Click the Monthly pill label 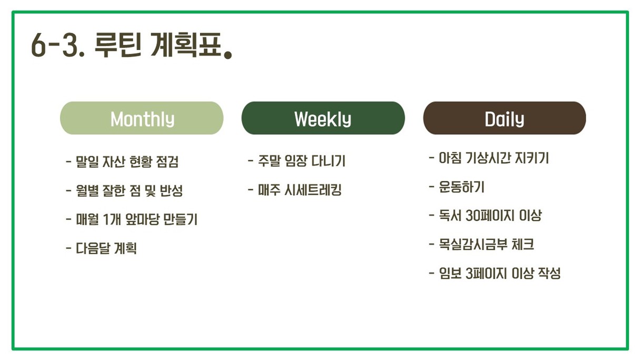pos(142,118)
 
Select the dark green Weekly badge pos(323,118)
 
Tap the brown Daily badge pos(505,118)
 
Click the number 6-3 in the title pos(58,45)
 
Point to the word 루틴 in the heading pos(118,45)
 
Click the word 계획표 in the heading pos(186,45)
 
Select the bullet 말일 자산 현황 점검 pos(122,162)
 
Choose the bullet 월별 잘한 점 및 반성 pos(124,191)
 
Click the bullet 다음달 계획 pos(102,248)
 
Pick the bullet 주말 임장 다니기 pos(296,161)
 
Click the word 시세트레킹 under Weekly pos(313,189)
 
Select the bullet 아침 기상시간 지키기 pos(489,158)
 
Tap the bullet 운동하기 pos(457,187)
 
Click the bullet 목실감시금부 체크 pos(482,245)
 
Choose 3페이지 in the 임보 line pos(486,274)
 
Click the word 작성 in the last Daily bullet pos(549,274)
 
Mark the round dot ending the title pos(228,54)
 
